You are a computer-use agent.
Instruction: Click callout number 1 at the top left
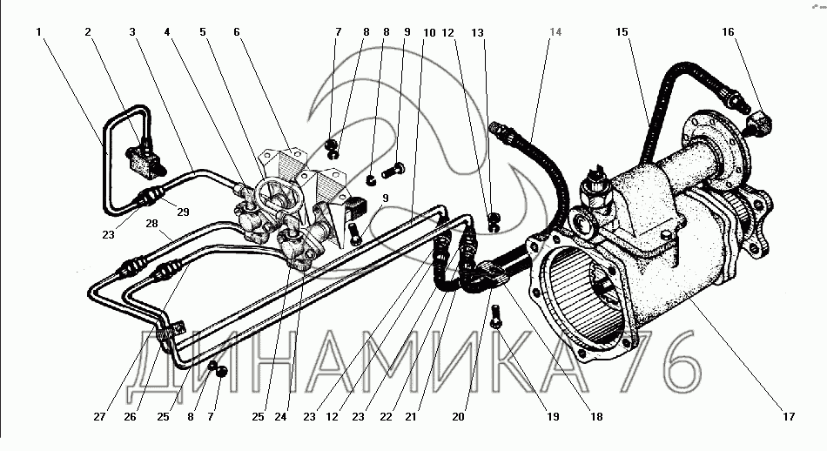tap(38, 32)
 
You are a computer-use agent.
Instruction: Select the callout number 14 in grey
tap(555, 32)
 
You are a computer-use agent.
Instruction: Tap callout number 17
tap(788, 417)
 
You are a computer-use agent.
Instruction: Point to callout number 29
tap(183, 212)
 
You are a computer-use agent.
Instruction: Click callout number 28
tap(151, 224)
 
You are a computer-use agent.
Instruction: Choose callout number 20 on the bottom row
tap(458, 417)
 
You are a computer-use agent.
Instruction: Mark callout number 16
tap(728, 32)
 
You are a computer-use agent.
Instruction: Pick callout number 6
tap(236, 32)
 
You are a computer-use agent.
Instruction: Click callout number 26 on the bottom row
tap(130, 417)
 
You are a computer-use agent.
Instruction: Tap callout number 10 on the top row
tap(429, 33)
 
